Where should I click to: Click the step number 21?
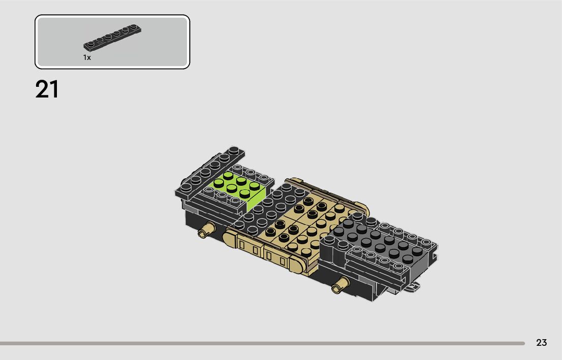47,89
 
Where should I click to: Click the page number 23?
541,343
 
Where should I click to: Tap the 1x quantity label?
87,57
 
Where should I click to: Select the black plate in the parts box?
112,38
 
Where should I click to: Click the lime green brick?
240,188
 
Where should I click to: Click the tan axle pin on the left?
207,230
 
